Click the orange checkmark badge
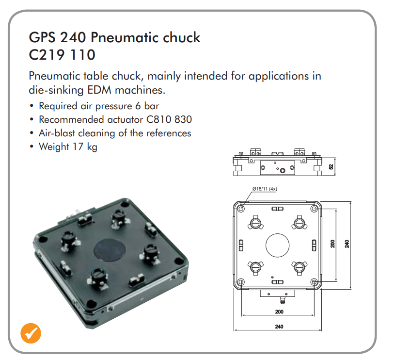31,333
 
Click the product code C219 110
62,55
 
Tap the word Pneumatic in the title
124,37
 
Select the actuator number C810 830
169,119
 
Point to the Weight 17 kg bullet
68,147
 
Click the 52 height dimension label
331,166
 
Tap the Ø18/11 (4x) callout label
265,189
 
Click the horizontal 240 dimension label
279,327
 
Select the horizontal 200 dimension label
279,311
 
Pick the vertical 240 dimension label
347,244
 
